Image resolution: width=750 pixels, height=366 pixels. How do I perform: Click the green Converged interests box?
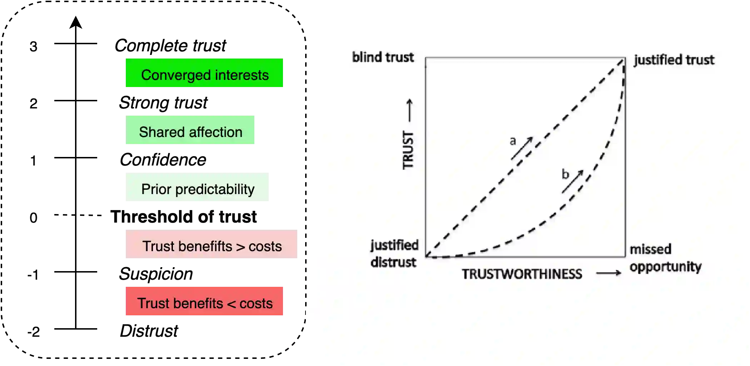pos(204,73)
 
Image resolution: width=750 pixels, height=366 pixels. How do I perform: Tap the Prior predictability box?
pos(197,187)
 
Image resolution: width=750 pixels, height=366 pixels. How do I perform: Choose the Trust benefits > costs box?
pos(211,244)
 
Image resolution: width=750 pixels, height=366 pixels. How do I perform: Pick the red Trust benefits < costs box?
pos(204,301)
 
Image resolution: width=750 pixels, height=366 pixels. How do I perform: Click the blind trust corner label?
pos(383,57)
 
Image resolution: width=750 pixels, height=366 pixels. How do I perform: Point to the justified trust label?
pos(674,60)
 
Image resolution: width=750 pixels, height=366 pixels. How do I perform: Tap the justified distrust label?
pos(394,254)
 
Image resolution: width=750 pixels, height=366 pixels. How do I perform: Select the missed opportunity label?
pos(665,258)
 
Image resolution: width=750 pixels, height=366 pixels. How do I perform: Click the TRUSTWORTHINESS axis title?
pos(522,274)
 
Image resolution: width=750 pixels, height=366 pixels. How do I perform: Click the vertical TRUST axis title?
pos(408,150)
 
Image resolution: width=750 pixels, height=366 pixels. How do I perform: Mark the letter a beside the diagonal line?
pos(513,141)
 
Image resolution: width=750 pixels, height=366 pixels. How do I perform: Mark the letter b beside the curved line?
pos(565,174)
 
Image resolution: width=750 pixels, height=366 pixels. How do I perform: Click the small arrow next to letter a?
pos(522,148)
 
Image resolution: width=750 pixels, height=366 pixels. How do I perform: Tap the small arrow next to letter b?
pos(573,182)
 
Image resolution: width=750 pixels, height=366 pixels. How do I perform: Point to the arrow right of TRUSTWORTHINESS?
pos(609,273)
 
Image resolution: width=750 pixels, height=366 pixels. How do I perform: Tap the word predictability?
pos(215,189)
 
